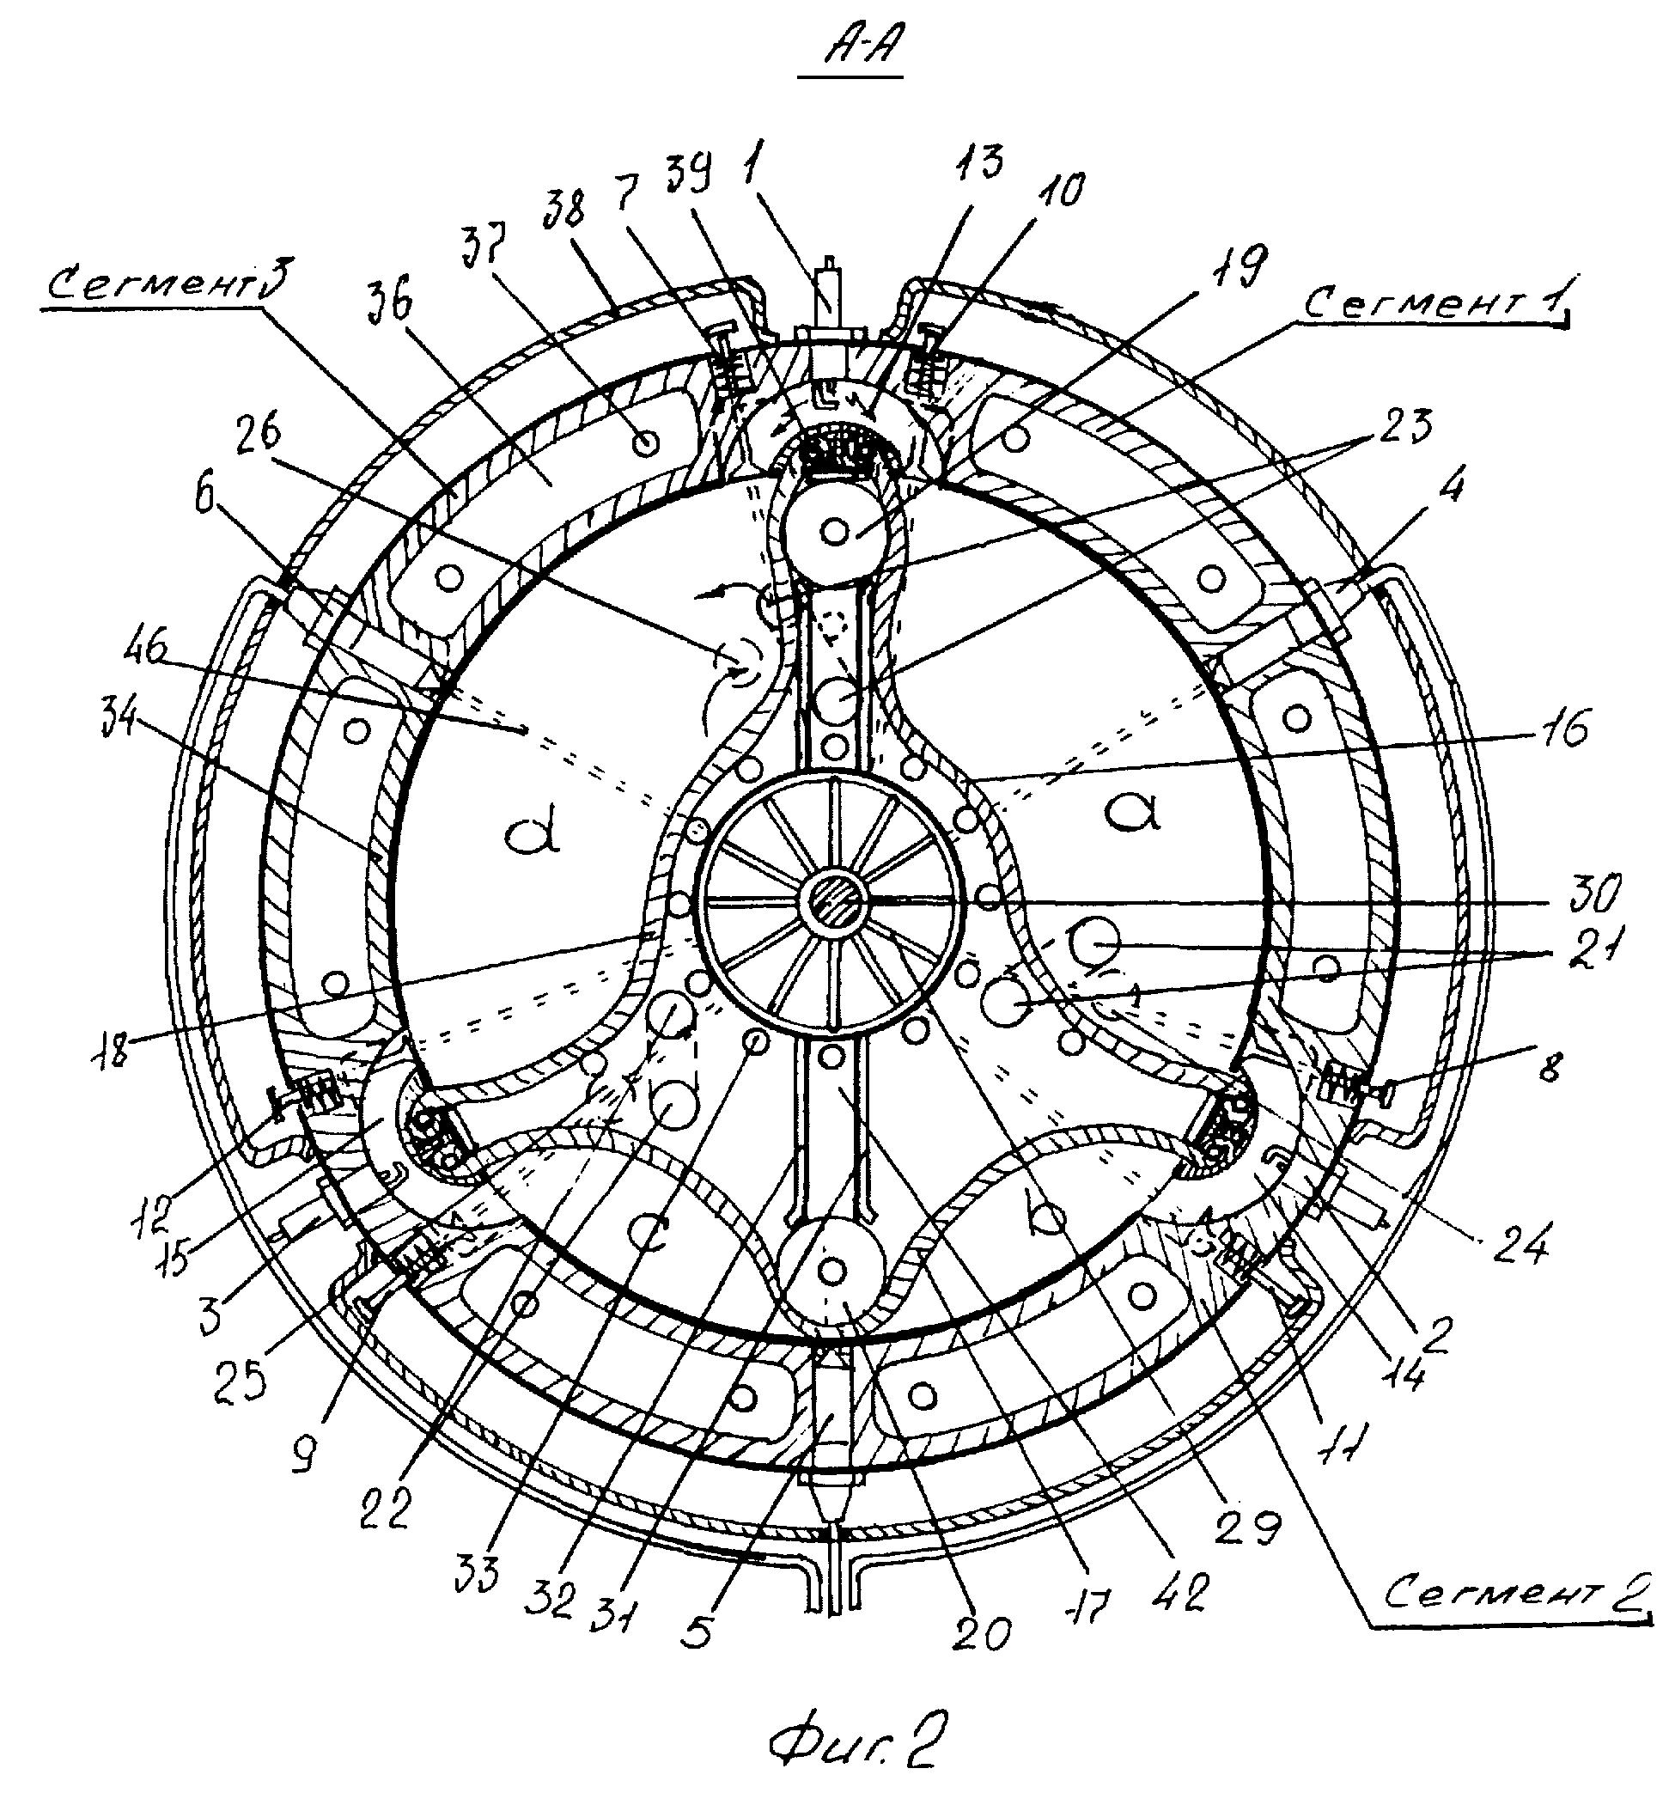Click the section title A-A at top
coord(850,54)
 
